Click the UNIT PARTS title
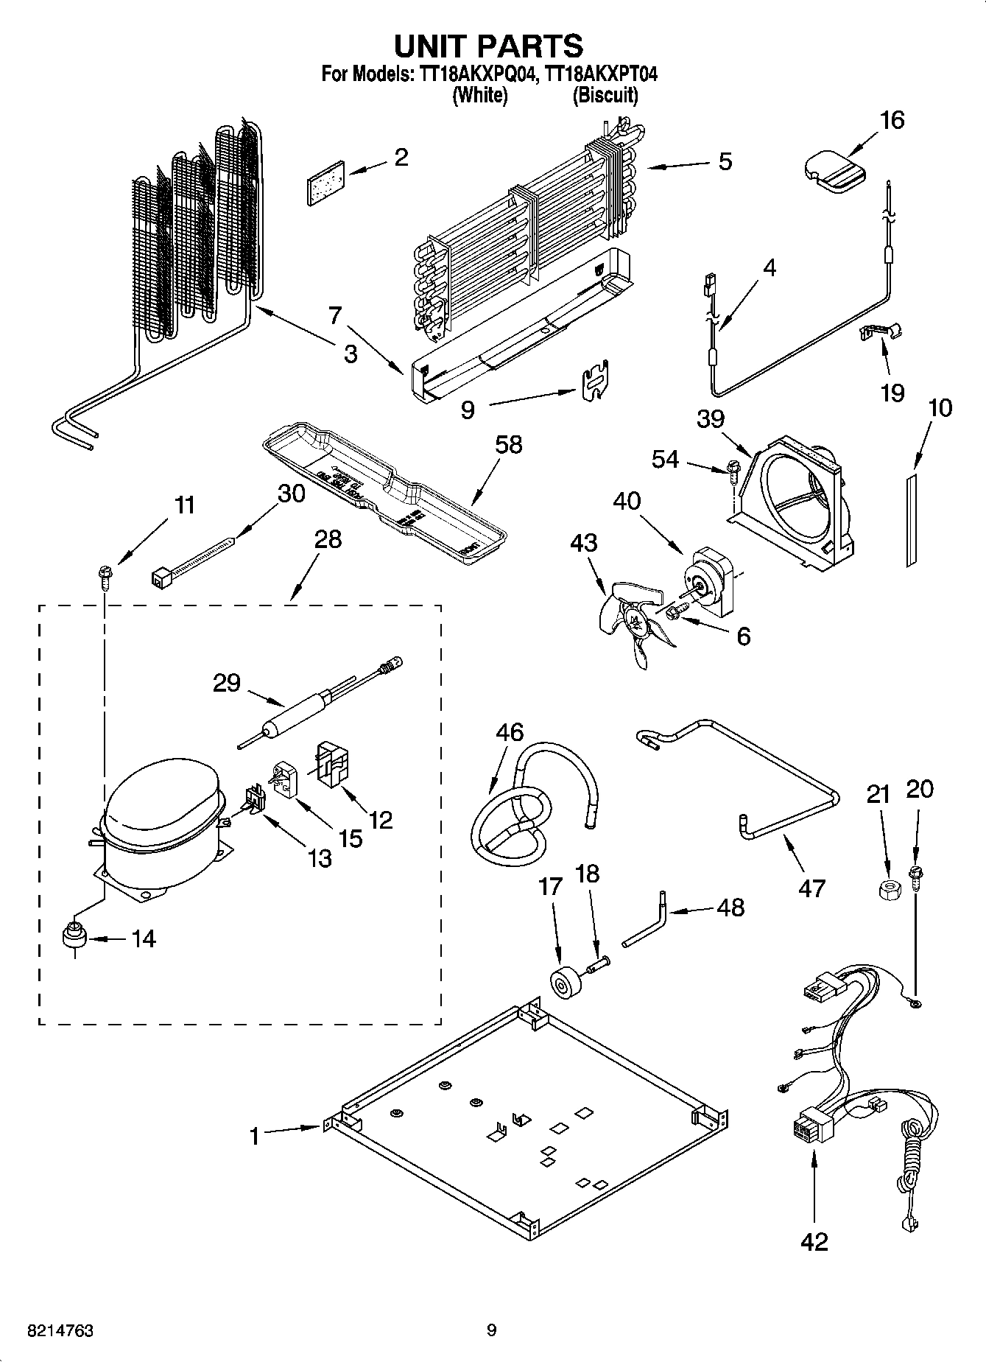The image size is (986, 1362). (x=488, y=46)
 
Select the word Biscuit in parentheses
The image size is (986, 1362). (x=605, y=96)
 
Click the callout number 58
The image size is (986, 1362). (x=508, y=445)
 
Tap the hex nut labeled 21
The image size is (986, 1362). (x=888, y=890)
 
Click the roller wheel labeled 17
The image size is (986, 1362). (x=566, y=985)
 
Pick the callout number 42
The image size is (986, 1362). (x=814, y=1241)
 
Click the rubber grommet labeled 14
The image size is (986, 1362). (x=74, y=938)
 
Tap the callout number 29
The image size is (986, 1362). (x=227, y=683)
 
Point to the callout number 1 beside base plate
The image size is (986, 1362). (x=254, y=1137)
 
